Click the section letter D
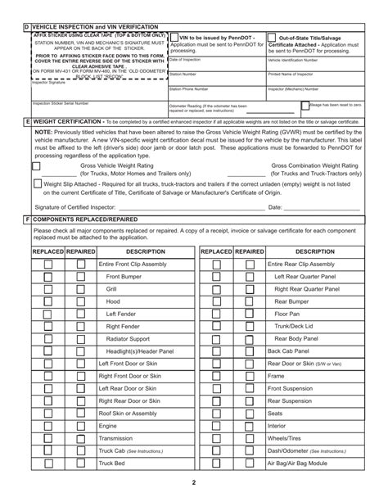tap(26, 28)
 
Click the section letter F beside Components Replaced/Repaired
tap(26, 219)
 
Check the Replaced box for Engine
tap(48, 426)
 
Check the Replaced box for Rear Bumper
tap(216, 302)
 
